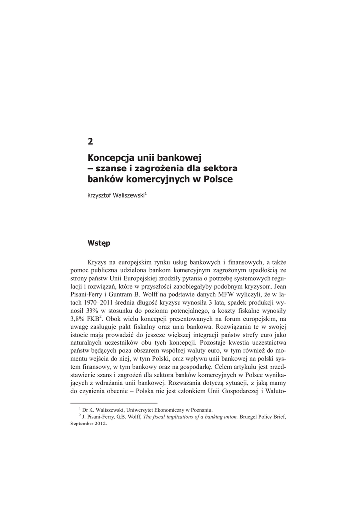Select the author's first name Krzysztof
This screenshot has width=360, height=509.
(x=100, y=196)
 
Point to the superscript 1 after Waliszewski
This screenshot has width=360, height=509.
(x=146, y=194)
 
